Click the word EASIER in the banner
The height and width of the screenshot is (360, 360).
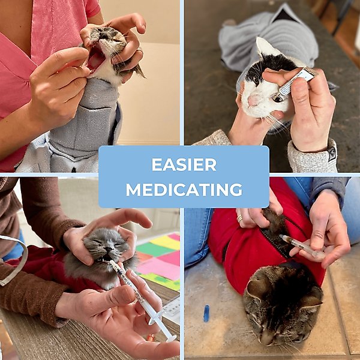(184, 164)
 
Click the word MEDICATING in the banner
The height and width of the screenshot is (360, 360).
(184, 190)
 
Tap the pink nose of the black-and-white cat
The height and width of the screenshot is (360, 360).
(253, 100)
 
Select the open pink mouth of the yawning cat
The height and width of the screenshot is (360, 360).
(96, 60)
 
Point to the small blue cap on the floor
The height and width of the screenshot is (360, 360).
(206, 313)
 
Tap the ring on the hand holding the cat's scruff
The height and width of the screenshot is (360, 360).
(239, 218)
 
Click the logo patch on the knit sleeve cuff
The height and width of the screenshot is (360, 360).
(332, 153)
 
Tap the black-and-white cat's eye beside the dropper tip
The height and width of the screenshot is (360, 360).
(278, 99)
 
